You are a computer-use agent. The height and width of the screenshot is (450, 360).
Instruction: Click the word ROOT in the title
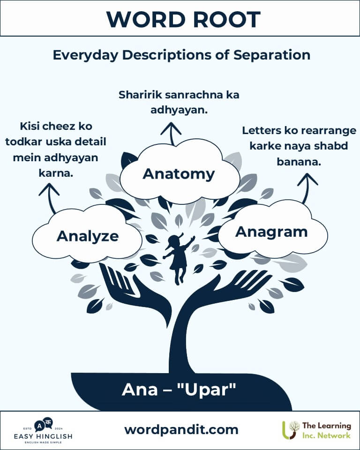[226, 19]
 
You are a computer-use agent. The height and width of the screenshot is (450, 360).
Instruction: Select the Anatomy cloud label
[179, 174]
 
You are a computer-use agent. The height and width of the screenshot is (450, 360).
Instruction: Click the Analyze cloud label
[88, 236]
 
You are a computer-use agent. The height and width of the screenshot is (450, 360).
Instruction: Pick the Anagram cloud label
[271, 232]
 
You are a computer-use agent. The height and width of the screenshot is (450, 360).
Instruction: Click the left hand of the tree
[126, 287]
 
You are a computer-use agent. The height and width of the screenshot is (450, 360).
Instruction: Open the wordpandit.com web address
[181, 430]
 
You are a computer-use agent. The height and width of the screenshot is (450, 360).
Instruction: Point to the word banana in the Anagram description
[299, 162]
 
